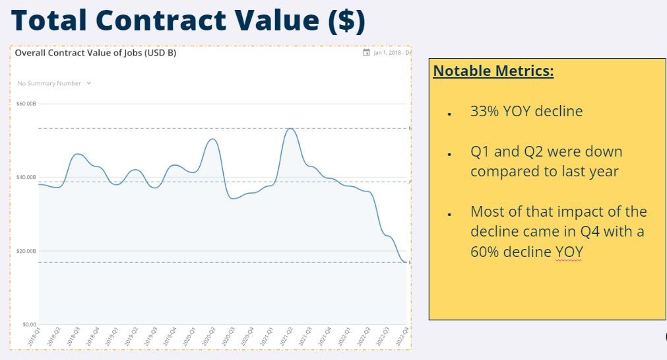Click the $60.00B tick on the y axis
(x=27, y=104)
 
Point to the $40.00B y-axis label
(x=27, y=177)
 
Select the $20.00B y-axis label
(x=27, y=251)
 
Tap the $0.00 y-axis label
(x=29, y=324)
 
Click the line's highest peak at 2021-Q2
(x=290, y=128)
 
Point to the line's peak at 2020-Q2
(x=212, y=139)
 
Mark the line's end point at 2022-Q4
(x=406, y=262)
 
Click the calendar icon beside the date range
(x=367, y=53)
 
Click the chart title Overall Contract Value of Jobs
(x=96, y=53)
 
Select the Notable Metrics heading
(x=493, y=71)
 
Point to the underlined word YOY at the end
(x=569, y=252)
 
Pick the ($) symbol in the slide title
(x=346, y=21)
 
